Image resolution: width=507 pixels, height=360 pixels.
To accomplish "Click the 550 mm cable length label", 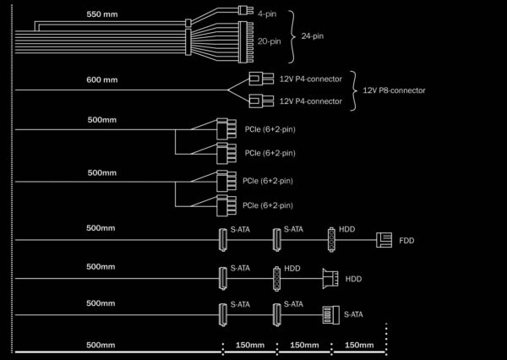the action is (x=102, y=14).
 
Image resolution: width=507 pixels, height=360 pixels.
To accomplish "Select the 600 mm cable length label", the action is (x=102, y=79).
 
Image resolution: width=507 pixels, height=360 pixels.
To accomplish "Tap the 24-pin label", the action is (x=313, y=35).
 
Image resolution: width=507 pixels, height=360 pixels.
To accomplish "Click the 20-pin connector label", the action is (x=269, y=41).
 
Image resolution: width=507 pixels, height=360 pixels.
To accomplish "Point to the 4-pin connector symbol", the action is (x=245, y=10).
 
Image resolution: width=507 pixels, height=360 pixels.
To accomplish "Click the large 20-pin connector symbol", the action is (x=246, y=42).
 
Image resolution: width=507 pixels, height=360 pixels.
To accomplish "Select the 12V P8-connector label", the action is (x=394, y=90).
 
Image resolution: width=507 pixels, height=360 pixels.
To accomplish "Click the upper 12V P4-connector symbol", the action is (x=261, y=79).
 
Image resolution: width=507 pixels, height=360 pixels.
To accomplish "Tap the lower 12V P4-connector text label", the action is (x=311, y=101).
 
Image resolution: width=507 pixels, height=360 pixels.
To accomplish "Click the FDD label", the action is (x=406, y=241).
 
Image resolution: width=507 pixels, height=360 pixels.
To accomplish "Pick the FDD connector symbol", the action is (x=384, y=240).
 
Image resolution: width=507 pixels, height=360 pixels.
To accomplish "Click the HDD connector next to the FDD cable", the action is (x=331, y=240).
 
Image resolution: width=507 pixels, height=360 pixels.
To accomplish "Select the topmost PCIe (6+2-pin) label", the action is (x=270, y=129).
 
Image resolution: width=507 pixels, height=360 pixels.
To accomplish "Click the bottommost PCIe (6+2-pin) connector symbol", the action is (x=226, y=205).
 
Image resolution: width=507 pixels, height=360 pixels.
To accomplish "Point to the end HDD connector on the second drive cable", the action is (x=330, y=279).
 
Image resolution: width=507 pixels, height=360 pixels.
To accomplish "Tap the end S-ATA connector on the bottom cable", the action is (x=330, y=314).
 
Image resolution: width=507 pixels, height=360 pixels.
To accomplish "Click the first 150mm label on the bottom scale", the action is (x=249, y=345).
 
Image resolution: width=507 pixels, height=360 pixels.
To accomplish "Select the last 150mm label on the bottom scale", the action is (x=359, y=345).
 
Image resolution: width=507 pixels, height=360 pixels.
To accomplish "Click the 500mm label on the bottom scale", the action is (x=101, y=345).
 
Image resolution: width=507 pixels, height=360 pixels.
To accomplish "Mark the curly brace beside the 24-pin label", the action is (x=292, y=36).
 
